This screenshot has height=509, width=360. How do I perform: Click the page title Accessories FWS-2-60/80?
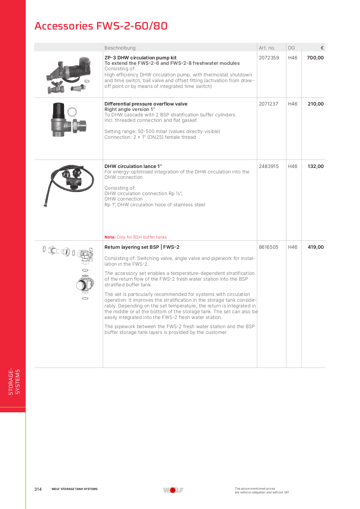[101, 26]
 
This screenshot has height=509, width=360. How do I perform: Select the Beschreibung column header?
[120, 48]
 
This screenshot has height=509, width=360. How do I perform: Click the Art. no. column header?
[267, 48]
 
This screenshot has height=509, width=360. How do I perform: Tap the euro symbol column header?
[322, 48]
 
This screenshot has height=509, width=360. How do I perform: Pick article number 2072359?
[269, 58]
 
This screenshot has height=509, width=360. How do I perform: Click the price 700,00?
[315, 58]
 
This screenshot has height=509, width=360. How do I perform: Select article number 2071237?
[268, 104]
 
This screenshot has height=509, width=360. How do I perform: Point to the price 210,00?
[316, 104]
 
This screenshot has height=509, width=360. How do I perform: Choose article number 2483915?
[268, 166]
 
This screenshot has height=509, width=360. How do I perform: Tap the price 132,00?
[316, 166]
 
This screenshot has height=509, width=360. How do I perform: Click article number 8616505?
[268, 247]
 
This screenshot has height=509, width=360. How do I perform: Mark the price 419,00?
[316, 247]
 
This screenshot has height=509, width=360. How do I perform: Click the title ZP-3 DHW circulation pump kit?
[140, 58]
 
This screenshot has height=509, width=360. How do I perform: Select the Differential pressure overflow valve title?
[146, 104]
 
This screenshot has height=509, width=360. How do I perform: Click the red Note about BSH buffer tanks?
[135, 237]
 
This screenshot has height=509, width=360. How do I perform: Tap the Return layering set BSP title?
[142, 247]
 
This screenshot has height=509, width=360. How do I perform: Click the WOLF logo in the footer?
[173, 490]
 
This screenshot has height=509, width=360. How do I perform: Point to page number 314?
[38, 489]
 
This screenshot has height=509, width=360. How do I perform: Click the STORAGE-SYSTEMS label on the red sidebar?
[14, 382]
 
